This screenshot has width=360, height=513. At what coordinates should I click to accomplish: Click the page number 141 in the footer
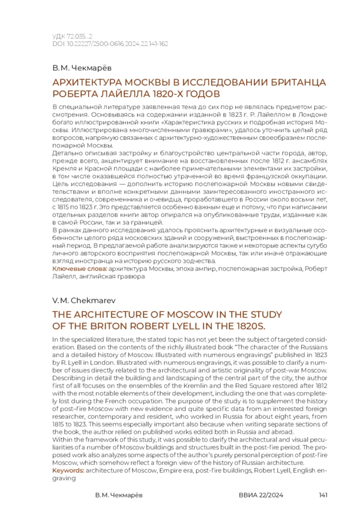pos(322,496)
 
